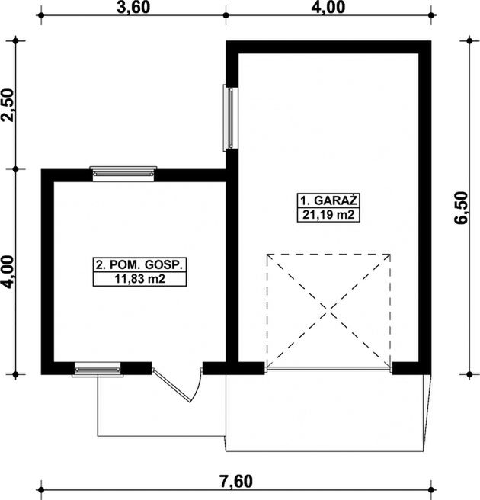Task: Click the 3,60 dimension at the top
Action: pyautogui.click(x=133, y=8)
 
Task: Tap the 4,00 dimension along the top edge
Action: pyautogui.click(x=328, y=8)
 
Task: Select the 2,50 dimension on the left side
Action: pyautogui.click(x=8, y=105)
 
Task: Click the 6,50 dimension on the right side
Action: pyautogui.click(x=462, y=207)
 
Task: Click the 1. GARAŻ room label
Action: pyautogui.click(x=328, y=200)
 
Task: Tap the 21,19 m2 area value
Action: pyautogui.click(x=328, y=215)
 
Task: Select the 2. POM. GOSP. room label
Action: pyautogui.click(x=139, y=264)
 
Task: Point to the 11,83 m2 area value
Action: pyautogui.click(x=139, y=279)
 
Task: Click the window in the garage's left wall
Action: pyautogui.click(x=230, y=117)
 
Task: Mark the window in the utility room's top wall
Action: pyautogui.click(x=123, y=174)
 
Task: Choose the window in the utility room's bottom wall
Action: pyautogui.click(x=98, y=370)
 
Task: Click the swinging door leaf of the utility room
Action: pyautogui.click(x=171, y=385)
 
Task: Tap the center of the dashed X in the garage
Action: pyautogui.click(x=328, y=310)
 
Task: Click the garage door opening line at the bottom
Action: pyautogui.click(x=328, y=369)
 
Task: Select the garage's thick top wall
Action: pyautogui.click(x=328, y=47)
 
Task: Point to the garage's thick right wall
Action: pyautogui.click(x=425, y=207)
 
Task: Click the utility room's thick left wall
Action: pyautogui.click(x=47, y=271)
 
